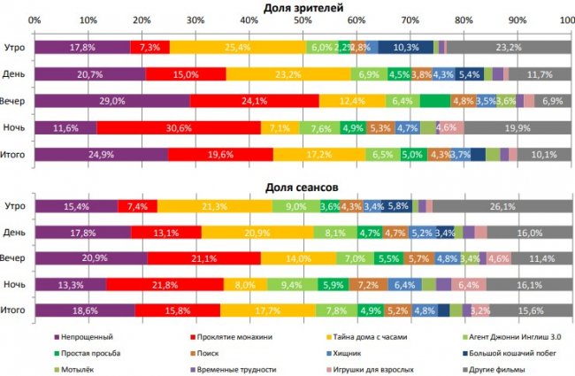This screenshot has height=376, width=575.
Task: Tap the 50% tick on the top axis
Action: coord(302,20)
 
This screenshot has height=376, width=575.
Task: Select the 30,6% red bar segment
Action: coord(179,128)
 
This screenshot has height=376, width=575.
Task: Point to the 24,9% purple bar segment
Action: coord(100,155)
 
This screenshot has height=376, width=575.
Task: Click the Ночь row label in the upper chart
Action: coord(15,128)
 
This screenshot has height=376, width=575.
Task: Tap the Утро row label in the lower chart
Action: coord(15,207)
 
